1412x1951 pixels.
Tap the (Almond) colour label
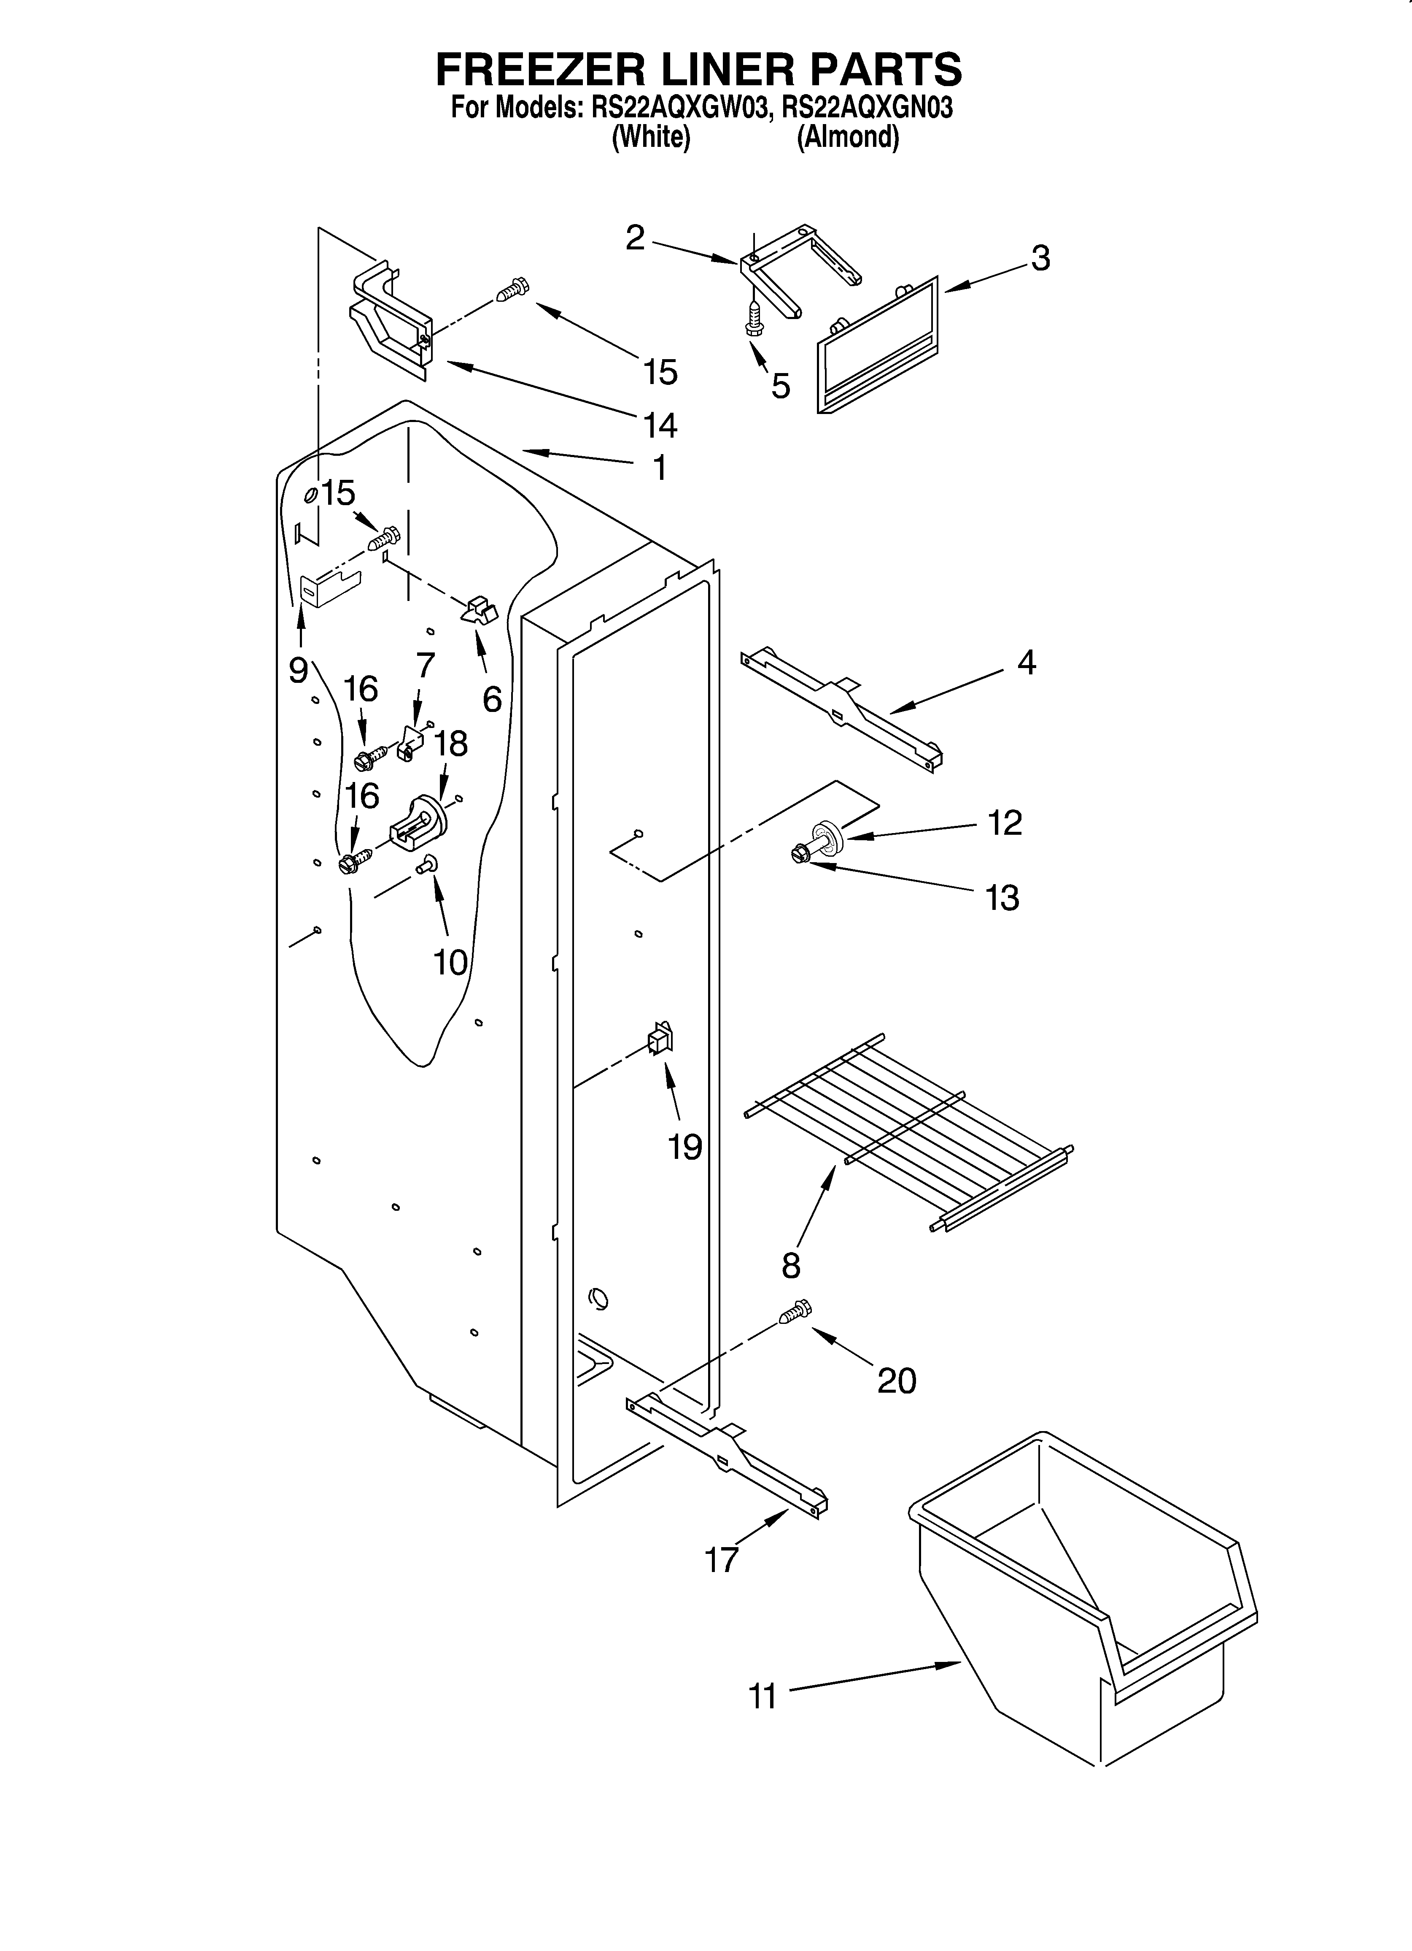point(848,138)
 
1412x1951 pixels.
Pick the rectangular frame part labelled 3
point(877,344)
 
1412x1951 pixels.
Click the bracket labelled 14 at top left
point(391,318)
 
